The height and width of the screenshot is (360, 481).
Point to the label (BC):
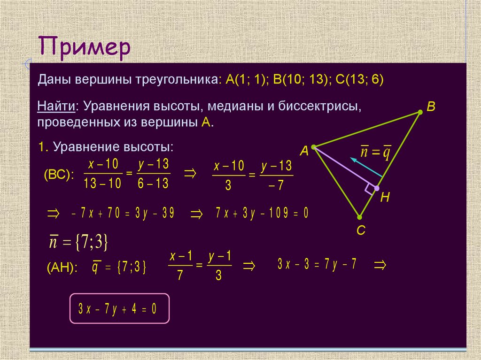(x=59, y=175)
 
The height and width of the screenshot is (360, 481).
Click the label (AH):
(x=62, y=267)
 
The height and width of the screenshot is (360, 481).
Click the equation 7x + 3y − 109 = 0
(x=262, y=214)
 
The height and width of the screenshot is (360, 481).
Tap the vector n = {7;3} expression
(x=79, y=242)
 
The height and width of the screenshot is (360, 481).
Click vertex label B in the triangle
(x=431, y=107)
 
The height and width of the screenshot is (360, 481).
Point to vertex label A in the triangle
(x=304, y=151)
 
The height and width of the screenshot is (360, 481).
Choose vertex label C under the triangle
(x=360, y=230)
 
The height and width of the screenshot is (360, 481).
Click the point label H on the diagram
(x=385, y=198)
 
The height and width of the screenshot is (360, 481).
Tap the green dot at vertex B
(x=420, y=112)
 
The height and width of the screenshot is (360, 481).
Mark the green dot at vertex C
(x=359, y=217)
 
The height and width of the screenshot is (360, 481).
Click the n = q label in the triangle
(x=376, y=153)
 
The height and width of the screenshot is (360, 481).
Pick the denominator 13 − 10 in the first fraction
(x=102, y=184)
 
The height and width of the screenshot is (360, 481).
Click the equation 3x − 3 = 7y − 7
(x=317, y=265)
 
